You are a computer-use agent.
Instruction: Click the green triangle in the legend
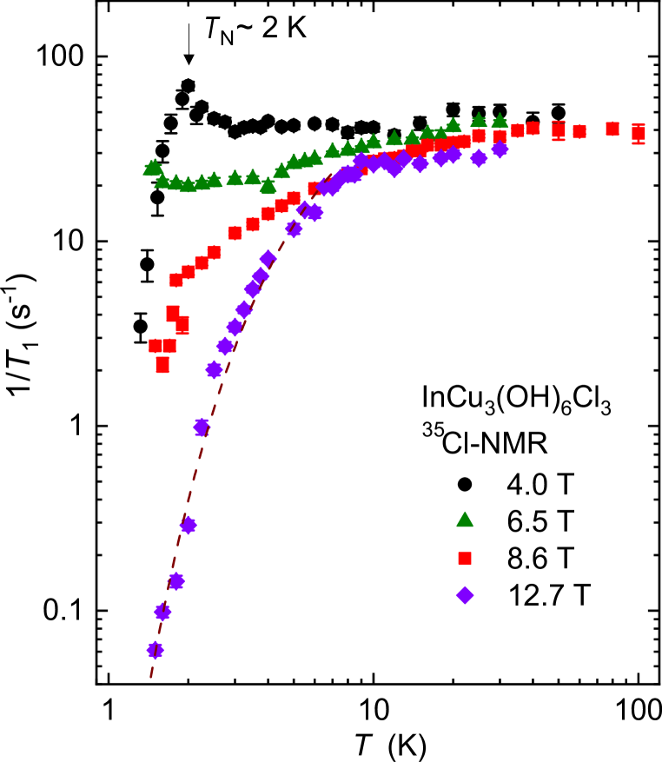click(x=465, y=520)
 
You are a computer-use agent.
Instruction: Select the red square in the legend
click(x=465, y=558)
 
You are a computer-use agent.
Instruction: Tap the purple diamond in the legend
click(x=465, y=595)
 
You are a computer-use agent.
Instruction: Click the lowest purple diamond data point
click(x=156, y=650)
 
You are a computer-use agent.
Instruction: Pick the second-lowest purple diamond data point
click(x=162, y=612)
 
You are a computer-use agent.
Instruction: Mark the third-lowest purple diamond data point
click(x=176, y=581)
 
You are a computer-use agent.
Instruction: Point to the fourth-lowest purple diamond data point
click(x=189, y=526)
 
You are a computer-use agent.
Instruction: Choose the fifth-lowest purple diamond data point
click(x=202, y=427)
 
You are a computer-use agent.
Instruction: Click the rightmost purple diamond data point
click(x=500, y=149)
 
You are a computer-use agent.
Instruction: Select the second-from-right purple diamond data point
click(x=479, y=158)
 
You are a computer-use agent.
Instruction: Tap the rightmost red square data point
click(x=639, y=132)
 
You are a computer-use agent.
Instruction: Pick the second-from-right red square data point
click(x=612, y=129)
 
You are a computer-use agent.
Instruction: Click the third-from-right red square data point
click(x=579, y=132)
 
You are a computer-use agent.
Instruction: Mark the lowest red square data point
click(x=162, y=365)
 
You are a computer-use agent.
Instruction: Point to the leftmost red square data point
click(x=156, y=346)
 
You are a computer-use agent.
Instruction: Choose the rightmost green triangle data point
click(x=500, y=122)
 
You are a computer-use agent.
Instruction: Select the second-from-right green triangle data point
click(x=479, y=121)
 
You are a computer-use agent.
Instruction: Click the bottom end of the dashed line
click(x=150, y=678)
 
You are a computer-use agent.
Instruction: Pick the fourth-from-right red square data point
click(x=559, y=130)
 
